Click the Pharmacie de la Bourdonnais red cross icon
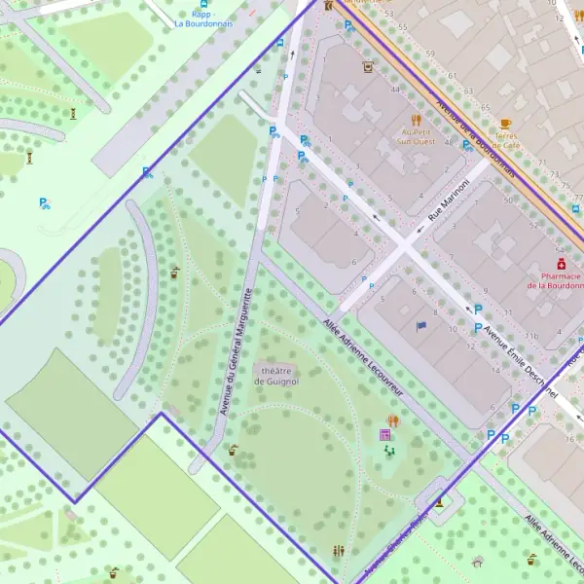tap(561, 264)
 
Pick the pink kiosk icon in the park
tap(385, 435)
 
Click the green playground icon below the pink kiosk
tap(390, 452)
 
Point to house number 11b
tap(530, 335)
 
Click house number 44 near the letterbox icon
tap(395, 90)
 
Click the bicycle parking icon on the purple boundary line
tap(147, 172)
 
